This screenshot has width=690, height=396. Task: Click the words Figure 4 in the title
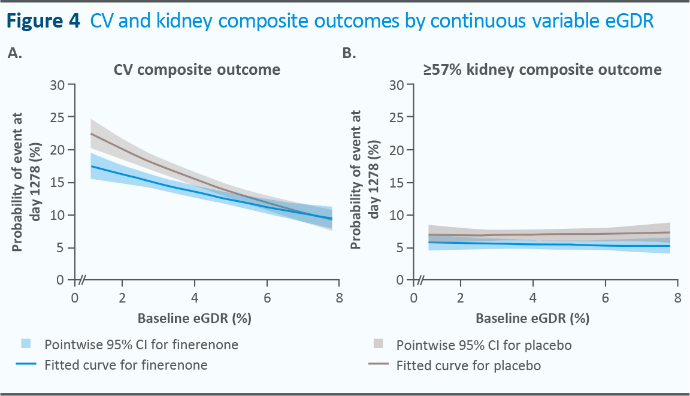pyautogui.click(x=43, y=22)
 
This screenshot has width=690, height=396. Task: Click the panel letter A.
pyautogui.click(x=15, y=53)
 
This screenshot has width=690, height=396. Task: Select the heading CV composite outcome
pyautogui.click(x=197, y=70)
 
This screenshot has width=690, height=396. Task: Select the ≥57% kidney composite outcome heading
pyautogui.click(x=543, y=70)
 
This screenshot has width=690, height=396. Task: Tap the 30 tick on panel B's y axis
pyautogui.click(x=397, y=84)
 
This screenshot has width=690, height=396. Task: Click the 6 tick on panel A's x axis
pyautogui.click(x=267, y=298)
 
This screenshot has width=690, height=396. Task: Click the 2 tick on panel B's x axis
pyautogui.click(x=460, y=298)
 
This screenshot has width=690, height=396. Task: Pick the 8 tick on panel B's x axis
pyautogui.click(x=677, y=298)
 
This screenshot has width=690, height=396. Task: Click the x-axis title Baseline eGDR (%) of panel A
pyautogui.click(x=195, y=319)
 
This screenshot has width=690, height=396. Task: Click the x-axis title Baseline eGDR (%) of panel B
pyautogui.click(x=533, y=319)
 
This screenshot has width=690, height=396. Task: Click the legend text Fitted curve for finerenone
pyautogui.click(x=126, y=365)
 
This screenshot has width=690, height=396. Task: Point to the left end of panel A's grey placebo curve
pyautogui.click(x=90, y=134)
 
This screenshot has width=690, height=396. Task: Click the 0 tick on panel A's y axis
pyautogui.click(x=62, y=280)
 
